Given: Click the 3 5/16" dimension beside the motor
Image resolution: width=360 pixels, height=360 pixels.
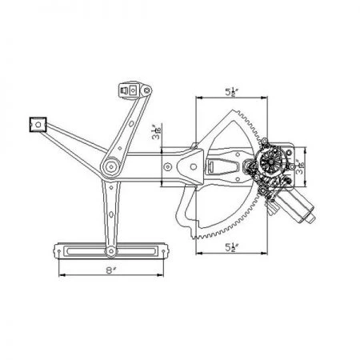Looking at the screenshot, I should [x=301, y=166].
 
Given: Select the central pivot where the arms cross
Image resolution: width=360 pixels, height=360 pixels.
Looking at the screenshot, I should [x=110, y=167].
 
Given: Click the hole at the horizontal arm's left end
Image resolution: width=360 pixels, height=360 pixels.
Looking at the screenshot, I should [x=169, y=166].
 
